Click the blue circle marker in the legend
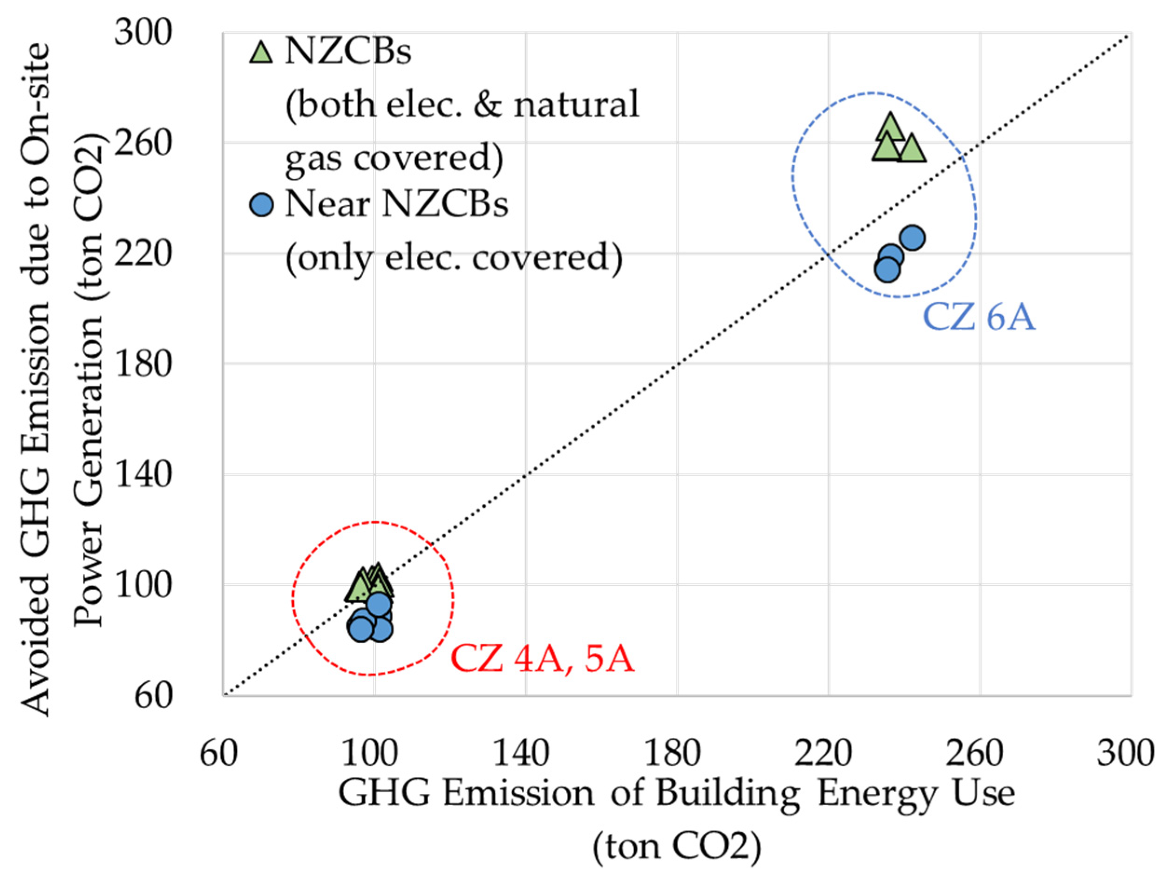click(x=262, y=205)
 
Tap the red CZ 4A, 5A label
click(x=542, y=660)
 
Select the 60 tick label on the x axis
click(x=218, y=754)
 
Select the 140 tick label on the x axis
click(x=521, y=754)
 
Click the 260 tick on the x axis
click(x=974, y=754)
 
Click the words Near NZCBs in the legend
click(x=396, y=205)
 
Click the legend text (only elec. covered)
click(x=454, y=257)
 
